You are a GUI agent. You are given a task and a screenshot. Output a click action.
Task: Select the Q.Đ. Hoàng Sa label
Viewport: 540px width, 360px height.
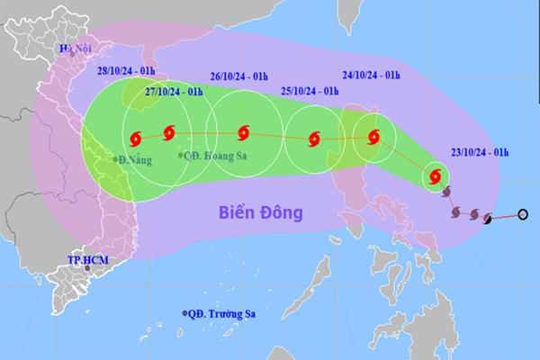click(214, 156)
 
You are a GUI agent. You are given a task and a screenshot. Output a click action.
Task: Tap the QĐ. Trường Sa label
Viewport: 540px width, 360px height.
click(220, 314)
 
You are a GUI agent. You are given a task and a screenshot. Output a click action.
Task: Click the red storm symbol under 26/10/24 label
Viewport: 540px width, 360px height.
click(242, 136)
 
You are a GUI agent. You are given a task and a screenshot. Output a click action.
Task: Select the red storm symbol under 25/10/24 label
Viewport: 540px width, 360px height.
click(314, 139)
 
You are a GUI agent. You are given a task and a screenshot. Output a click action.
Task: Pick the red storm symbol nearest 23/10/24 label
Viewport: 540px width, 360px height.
click(434, 176)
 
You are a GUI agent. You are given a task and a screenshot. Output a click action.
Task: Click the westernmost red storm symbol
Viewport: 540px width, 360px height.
click(136, 139)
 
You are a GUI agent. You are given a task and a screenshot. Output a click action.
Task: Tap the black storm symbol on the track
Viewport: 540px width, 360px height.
click(487, 218)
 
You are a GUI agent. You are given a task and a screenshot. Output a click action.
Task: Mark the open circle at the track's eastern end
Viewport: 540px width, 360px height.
click(524, 214)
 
